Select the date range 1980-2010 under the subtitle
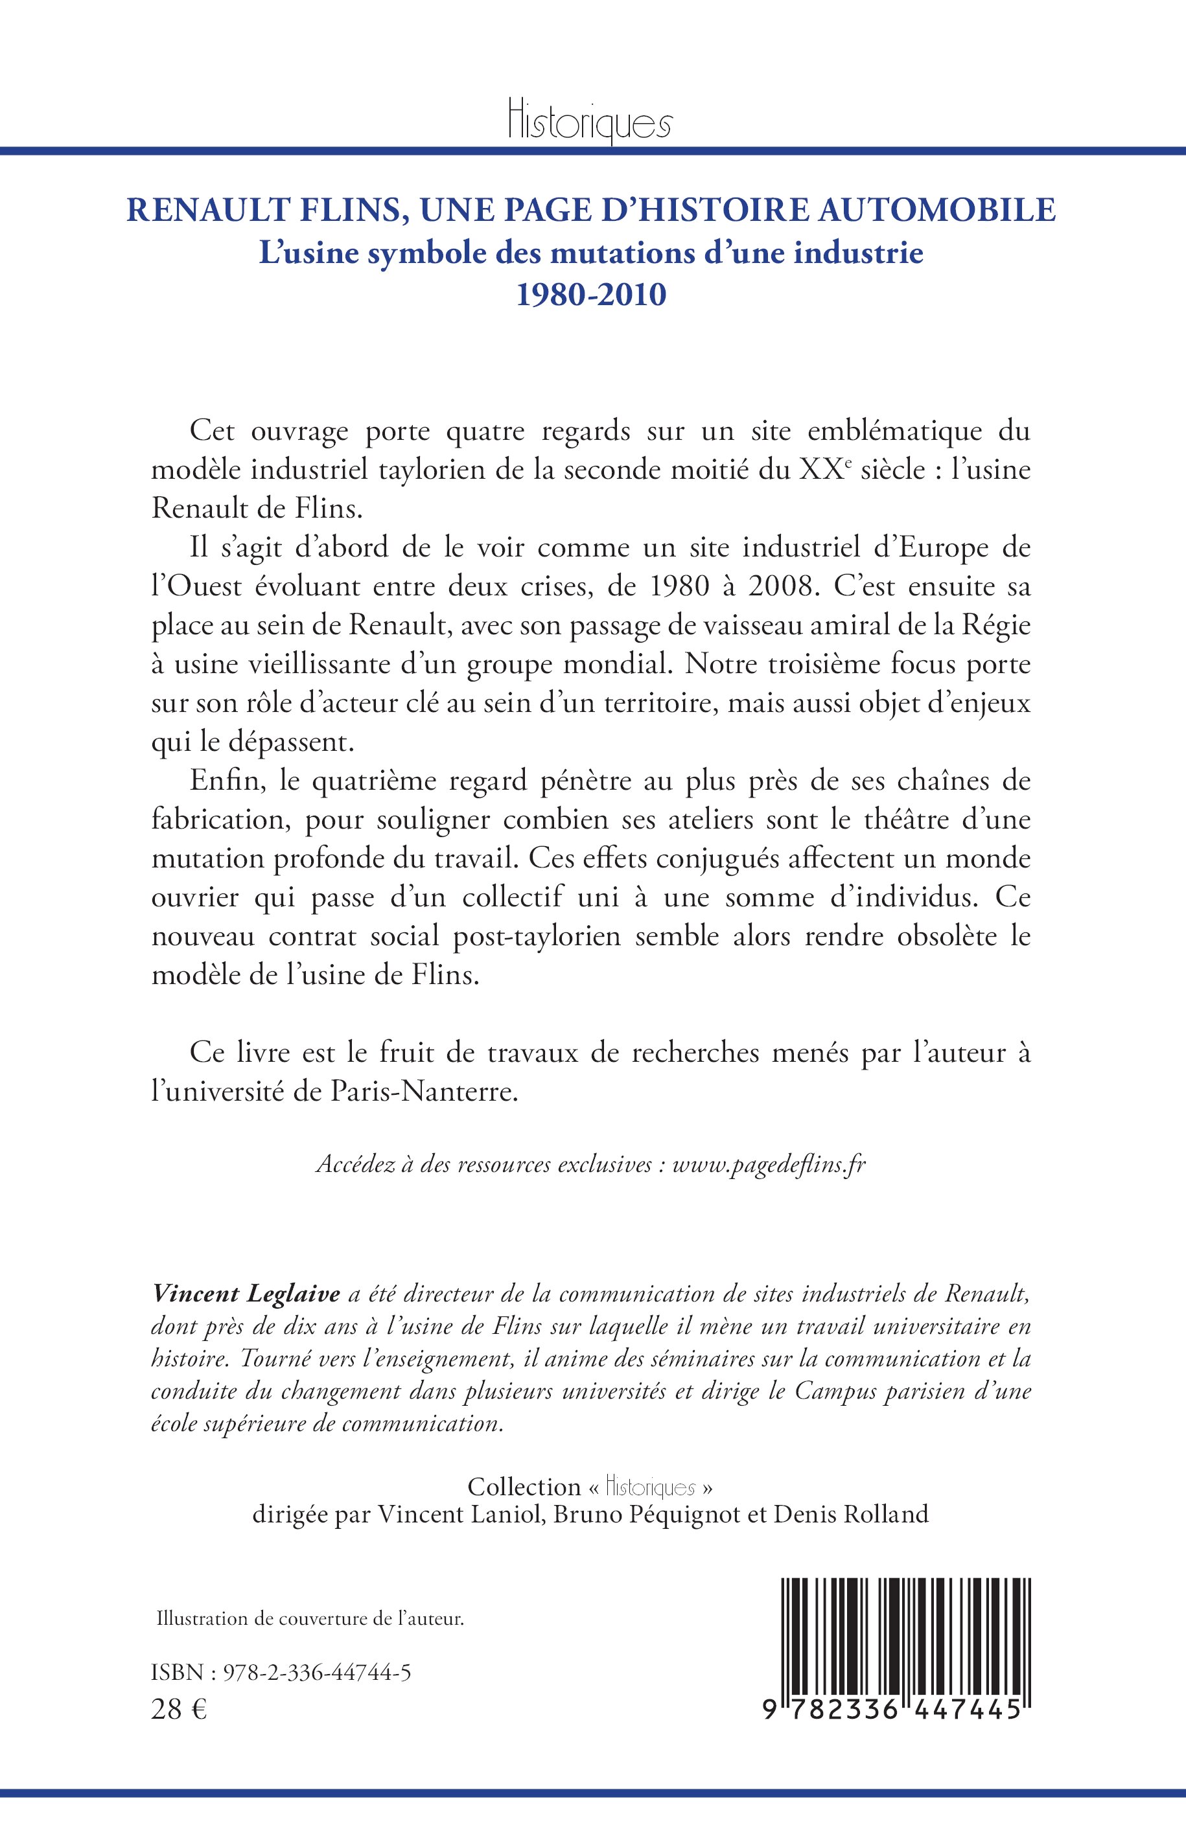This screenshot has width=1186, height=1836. tap(590, 295)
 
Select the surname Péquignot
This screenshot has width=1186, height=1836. tap(677, 1514)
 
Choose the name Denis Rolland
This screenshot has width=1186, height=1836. tap(851, 1514)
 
